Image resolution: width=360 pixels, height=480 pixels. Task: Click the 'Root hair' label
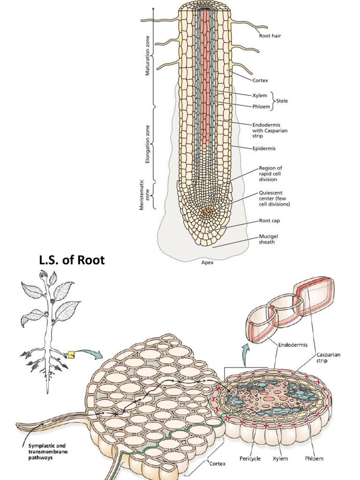coord(270,36)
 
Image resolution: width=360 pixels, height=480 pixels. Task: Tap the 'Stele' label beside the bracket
coord(282,101)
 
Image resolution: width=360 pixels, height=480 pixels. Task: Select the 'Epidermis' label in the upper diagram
coord(264,149)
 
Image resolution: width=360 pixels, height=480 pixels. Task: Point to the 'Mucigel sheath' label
coord(268,239)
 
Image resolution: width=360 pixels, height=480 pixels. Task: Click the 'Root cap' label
coord(270,220)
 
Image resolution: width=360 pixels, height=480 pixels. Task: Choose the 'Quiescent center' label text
coord(274,198)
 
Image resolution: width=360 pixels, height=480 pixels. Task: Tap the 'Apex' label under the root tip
coord(207,262)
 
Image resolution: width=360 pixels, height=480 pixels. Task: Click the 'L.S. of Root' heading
coord(72,260)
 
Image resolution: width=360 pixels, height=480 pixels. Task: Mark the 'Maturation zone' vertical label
coord(148,56)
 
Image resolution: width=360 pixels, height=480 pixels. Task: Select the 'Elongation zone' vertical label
coord(148,144)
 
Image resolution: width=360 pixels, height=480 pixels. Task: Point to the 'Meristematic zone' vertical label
coord(144,195)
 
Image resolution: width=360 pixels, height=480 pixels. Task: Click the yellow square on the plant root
coord(71,355)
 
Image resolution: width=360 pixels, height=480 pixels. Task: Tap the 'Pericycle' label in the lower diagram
coord(250,458)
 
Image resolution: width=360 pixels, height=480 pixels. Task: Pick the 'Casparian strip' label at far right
coord(328,358)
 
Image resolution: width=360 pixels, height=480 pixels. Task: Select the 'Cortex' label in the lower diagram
coord(217,464)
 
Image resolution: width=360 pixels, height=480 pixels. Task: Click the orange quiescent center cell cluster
coord(207,212)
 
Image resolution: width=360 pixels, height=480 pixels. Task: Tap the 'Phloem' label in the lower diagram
coord(314,458)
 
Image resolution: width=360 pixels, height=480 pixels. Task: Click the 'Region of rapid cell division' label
coord(270,173)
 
